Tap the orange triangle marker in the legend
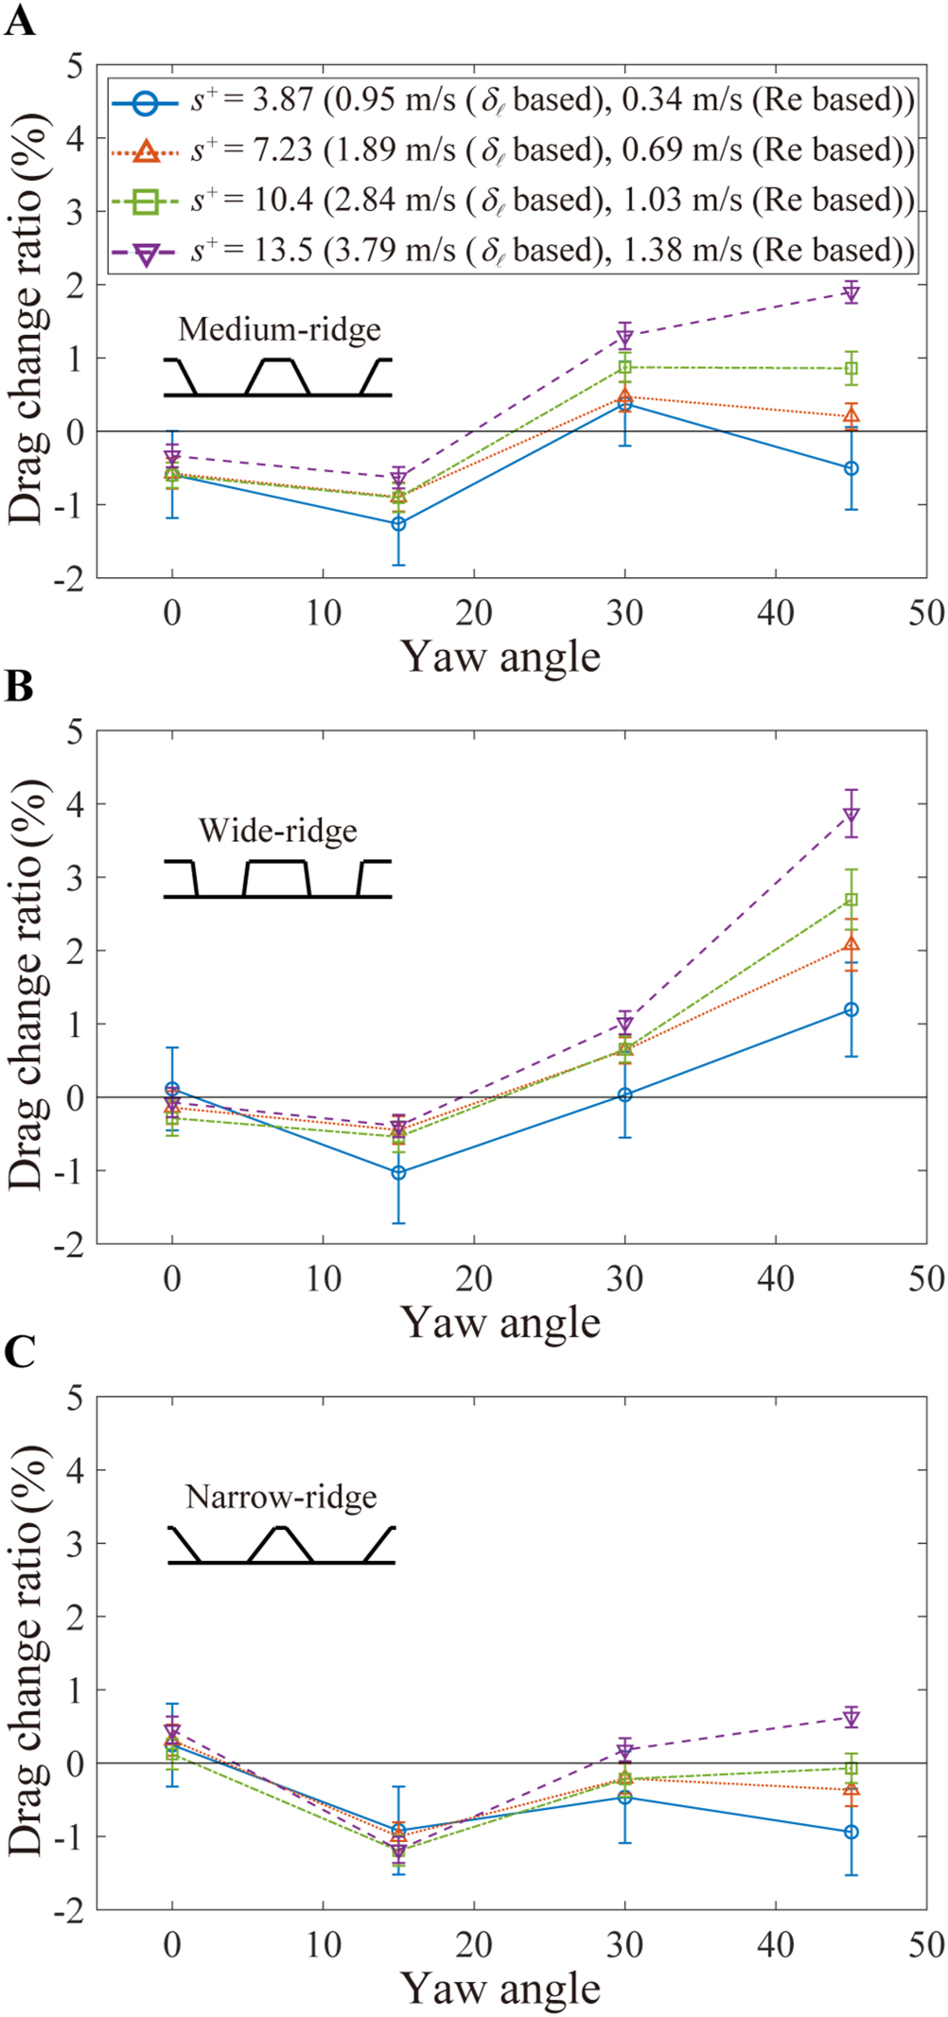(x=145, y=149)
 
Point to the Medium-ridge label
(x=280, y=329)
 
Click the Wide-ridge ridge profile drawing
(x=277, y=879)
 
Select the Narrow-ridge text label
(x=281, y=1497)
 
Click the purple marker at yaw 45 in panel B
(x=851, y=815)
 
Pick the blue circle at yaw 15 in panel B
(x=398, y=1172)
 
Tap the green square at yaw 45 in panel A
(x=851, y=369)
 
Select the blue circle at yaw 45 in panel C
(x=851, y=1832)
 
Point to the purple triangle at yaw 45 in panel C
(x=851, y=1717)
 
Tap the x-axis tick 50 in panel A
(x=926, y=613)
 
